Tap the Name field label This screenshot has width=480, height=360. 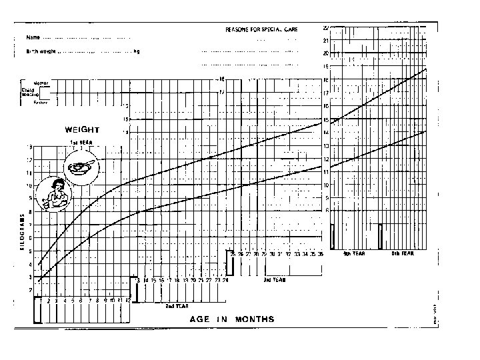click(x=32, y=37)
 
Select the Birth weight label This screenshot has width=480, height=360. click(x=41, y=51)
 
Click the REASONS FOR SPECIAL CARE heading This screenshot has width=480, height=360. click(x=262, y=30)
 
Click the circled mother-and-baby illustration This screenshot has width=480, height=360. click(x=54, y=194)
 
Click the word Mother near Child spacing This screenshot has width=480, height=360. click(x=41, y=82)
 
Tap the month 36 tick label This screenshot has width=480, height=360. click(x=320, y=254)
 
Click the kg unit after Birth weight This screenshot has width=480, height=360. click(x=137, y=51)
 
